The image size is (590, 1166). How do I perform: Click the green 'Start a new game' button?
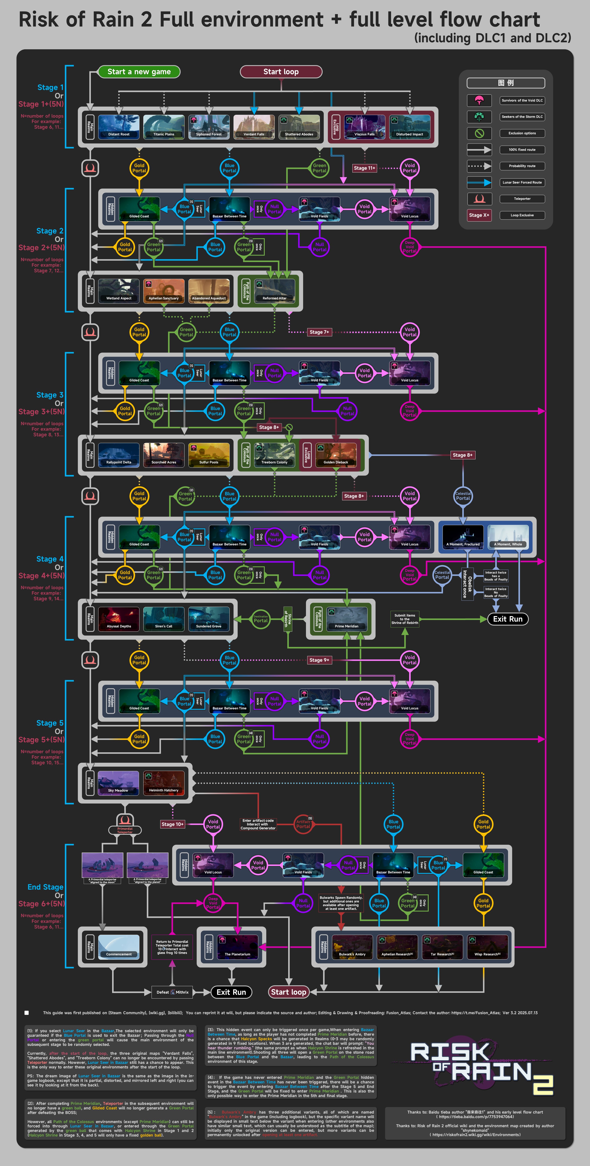pos(139,72)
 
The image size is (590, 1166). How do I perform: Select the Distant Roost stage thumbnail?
pos(119,126)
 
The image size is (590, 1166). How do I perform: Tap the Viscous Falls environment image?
pos(364,126)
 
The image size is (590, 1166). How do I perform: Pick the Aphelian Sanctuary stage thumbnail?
pos(164,290)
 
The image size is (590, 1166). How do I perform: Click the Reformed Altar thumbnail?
pos(274,290)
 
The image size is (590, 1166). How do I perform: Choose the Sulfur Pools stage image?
pos(209,454)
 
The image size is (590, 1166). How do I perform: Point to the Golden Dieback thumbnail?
pos(336,454)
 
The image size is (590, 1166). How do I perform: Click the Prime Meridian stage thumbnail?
pos(346,618)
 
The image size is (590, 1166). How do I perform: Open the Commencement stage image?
pos(119,946)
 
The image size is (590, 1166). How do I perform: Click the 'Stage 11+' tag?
pos(364,168)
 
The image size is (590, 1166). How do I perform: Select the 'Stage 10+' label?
pos(172,824)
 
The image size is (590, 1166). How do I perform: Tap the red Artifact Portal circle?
pos(303,824)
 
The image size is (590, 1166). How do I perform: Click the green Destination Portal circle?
pos(261,619)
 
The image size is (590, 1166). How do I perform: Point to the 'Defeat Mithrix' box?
pos(172,992)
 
